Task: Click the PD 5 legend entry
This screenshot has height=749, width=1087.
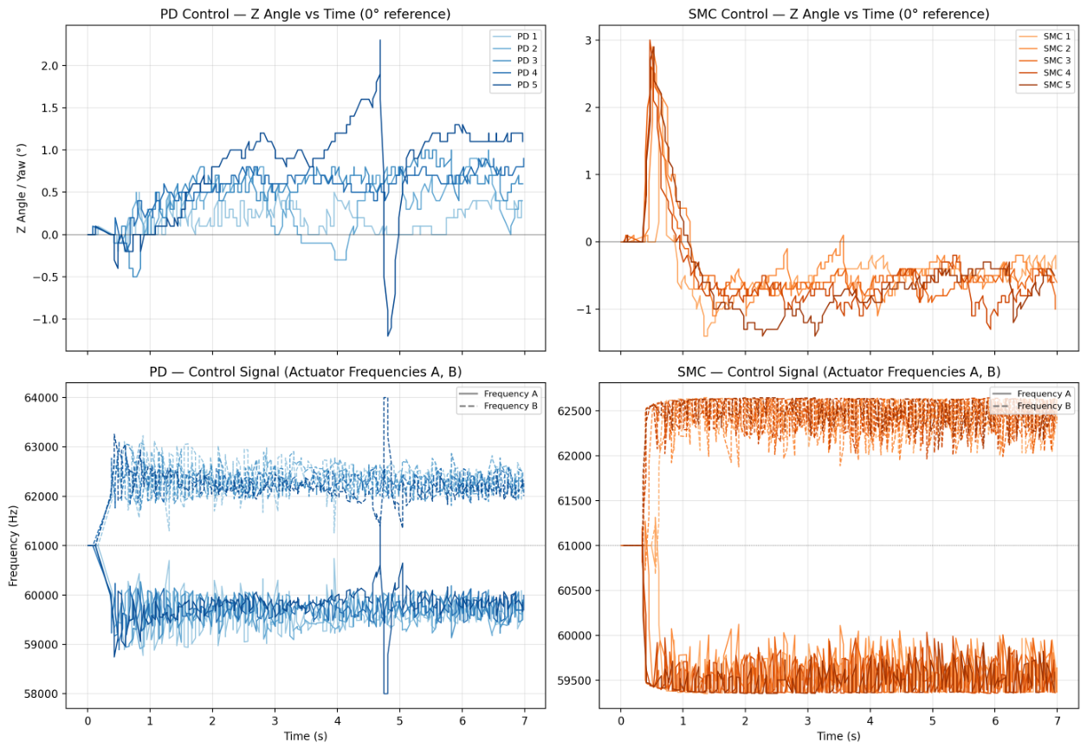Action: tap(514, 84)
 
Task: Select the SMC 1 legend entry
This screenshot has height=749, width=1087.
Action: tap(1044, 36)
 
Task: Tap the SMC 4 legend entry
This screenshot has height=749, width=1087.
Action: tap(1044, 73)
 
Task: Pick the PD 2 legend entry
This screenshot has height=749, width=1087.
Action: tap(514, 49)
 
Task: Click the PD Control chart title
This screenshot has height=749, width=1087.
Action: tap(305, 14)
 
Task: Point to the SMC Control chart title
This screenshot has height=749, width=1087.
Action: tap(838, 14)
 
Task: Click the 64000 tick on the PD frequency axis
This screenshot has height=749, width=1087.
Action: tap(42, 398)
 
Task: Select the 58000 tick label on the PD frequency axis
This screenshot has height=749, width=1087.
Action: tap(42, 694)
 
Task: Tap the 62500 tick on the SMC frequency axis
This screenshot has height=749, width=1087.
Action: tap(574, 411)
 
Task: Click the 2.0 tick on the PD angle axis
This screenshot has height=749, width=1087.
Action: tap(50, 66)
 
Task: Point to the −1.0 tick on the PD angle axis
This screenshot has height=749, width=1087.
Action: tap(46, 320)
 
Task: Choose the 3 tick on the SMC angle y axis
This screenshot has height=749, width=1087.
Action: tap(589, 41)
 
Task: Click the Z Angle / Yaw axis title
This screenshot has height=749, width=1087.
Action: tap(22, 188)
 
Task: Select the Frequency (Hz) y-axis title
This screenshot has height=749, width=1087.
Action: tap(13, 546)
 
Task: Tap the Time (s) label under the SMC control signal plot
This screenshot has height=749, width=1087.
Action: tap(838, 736)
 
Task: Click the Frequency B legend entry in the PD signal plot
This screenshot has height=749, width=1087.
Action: tap(498, 406)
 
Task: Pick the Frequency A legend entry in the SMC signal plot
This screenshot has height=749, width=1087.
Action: tap(1032, 394)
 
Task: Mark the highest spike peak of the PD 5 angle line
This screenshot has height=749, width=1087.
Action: tap(380, 41)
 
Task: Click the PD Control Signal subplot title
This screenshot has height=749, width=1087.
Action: tap(305, 372)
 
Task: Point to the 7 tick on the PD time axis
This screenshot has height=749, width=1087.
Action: tap(525, 721)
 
